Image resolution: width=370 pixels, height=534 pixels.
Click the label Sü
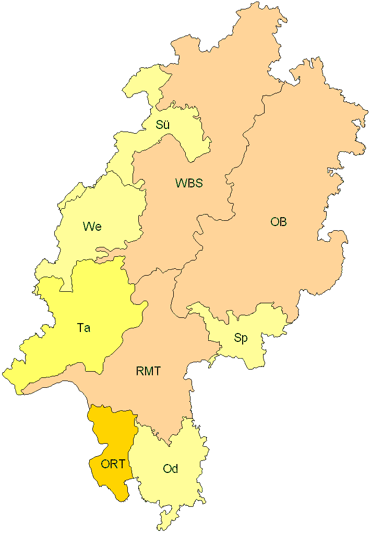pyautogui.click(x=163, y=125)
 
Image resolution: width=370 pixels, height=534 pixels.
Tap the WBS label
pyautogui.click(x=189, y=183)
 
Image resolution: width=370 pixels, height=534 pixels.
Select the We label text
pyautogui.click(x=92, y=227)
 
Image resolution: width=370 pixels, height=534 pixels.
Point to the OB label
pyautogui.click(x=279, y=222)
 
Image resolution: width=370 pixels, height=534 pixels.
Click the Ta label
pyautogui.click(x=83, y=328)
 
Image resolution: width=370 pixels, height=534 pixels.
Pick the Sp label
pyautogui.click(x=241, y=338)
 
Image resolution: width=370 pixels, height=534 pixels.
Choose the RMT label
pyautogui.click(x=148, y=372)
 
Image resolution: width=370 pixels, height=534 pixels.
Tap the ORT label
pyautogui.click(x=113, y=464)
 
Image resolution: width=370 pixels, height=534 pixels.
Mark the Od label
pyautogui.click(x=171, y=469)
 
